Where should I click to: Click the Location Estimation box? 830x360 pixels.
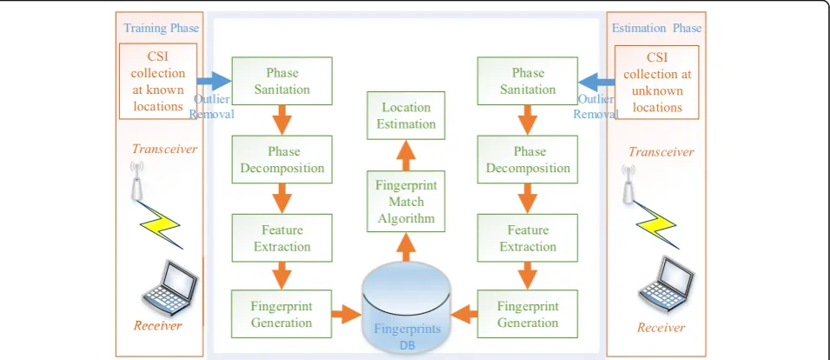[406, 116]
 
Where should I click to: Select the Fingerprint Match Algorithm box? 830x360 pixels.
[406, 202]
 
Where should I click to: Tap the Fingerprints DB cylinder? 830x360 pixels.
[407, 307]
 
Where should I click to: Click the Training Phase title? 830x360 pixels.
[161, 28]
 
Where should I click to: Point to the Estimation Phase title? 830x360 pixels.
[656, 28]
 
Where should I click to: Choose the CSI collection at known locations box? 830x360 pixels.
[158, 81]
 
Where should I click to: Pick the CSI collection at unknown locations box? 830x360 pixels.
[657, 82]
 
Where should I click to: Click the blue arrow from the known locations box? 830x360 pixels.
[215, 82]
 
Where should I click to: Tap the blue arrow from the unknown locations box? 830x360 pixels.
[596, 82]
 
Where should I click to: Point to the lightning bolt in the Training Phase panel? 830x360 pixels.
[161, 224]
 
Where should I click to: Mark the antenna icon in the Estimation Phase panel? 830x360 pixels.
[628, 183]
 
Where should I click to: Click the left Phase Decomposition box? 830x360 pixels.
[282, 159]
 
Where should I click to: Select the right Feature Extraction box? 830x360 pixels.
[528, 237]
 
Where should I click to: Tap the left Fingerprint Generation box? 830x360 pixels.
[282, 313]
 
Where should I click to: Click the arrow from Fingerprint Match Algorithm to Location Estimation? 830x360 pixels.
[406, 155]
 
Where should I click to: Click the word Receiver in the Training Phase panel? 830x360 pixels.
[157, 325]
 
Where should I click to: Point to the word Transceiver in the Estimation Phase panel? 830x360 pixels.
[661, 152]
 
